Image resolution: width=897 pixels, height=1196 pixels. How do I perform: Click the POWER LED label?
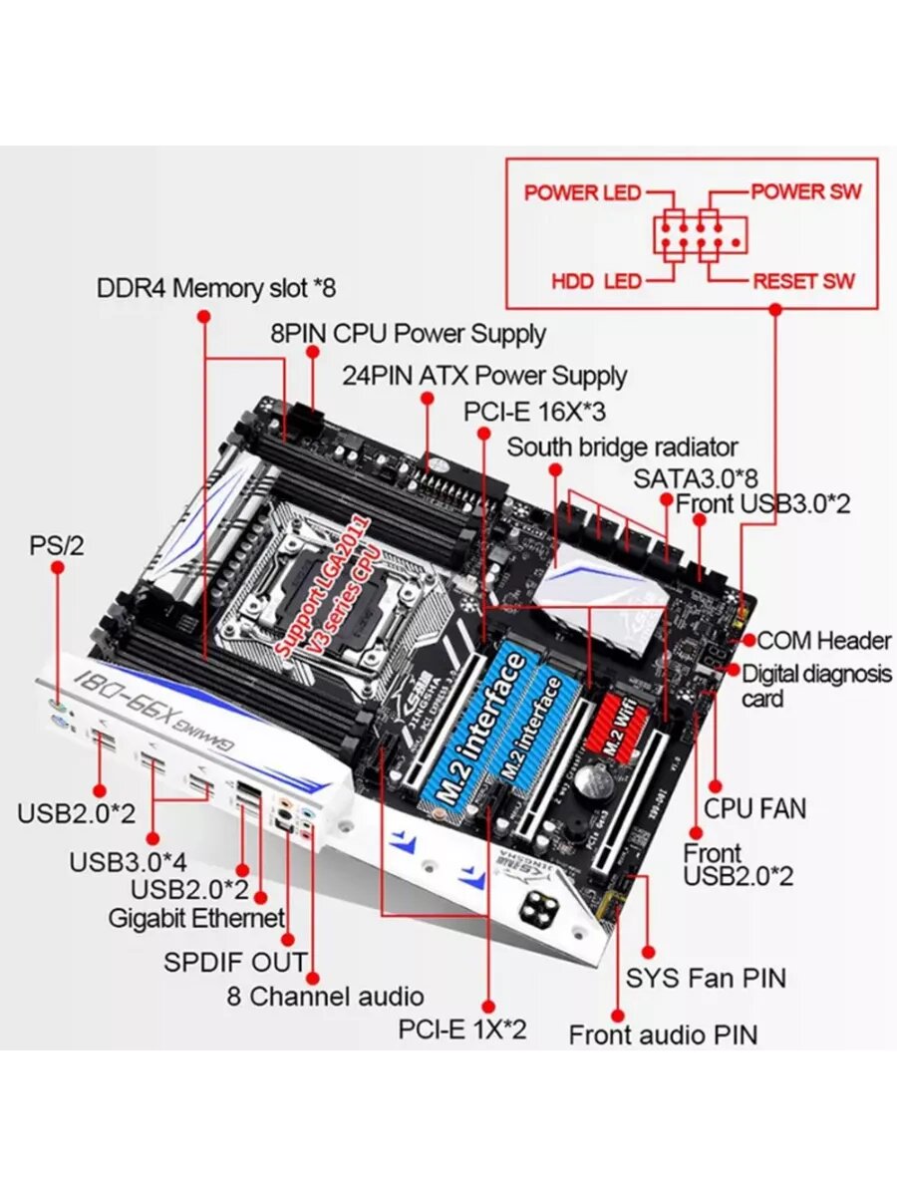click(583, 192)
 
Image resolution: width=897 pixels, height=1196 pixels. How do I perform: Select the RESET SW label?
click(803, 281)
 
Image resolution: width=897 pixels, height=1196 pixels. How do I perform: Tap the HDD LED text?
click(596, 281)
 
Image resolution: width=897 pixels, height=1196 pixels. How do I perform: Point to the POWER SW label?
click(805, 191)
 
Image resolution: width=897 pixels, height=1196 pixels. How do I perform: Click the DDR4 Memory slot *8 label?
click(216, 289)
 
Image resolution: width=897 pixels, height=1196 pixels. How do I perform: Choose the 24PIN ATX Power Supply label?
click(484, 376)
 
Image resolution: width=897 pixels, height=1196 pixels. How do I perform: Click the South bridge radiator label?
click(622, 447)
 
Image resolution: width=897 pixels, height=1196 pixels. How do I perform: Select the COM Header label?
click(823, 640)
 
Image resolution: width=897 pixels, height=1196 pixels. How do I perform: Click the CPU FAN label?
click(754, 808)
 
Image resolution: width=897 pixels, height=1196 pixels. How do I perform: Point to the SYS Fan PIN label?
click(706, 978)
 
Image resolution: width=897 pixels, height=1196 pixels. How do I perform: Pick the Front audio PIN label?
click(663, 1035)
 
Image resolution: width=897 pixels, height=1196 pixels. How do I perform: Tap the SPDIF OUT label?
click(235, 963)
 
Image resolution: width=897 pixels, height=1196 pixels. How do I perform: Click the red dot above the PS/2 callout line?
click(59, 567)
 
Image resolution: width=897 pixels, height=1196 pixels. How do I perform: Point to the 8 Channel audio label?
click(325, 996)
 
